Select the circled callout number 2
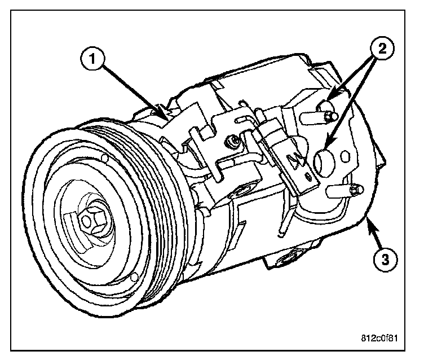click(382, 49)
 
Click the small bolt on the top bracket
click(232, 139)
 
